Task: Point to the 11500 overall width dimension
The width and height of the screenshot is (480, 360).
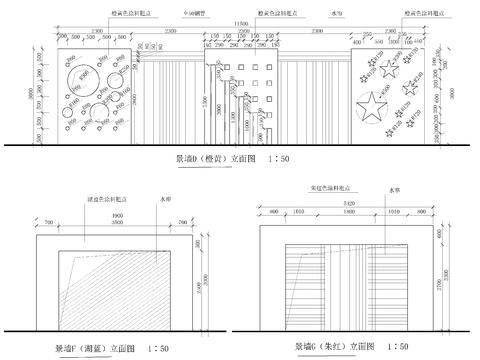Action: (240, 23)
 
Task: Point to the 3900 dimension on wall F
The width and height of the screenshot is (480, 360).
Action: (117, 212)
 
